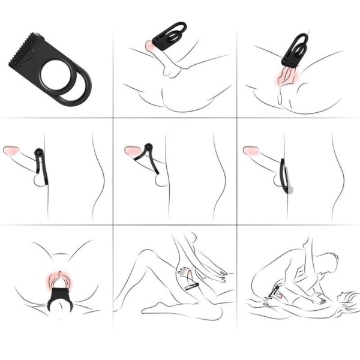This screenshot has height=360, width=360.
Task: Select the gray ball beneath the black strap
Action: pyautogui.click(x=289, y=189)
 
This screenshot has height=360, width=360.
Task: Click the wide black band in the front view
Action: pyautogui.click(x=60, y=296)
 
